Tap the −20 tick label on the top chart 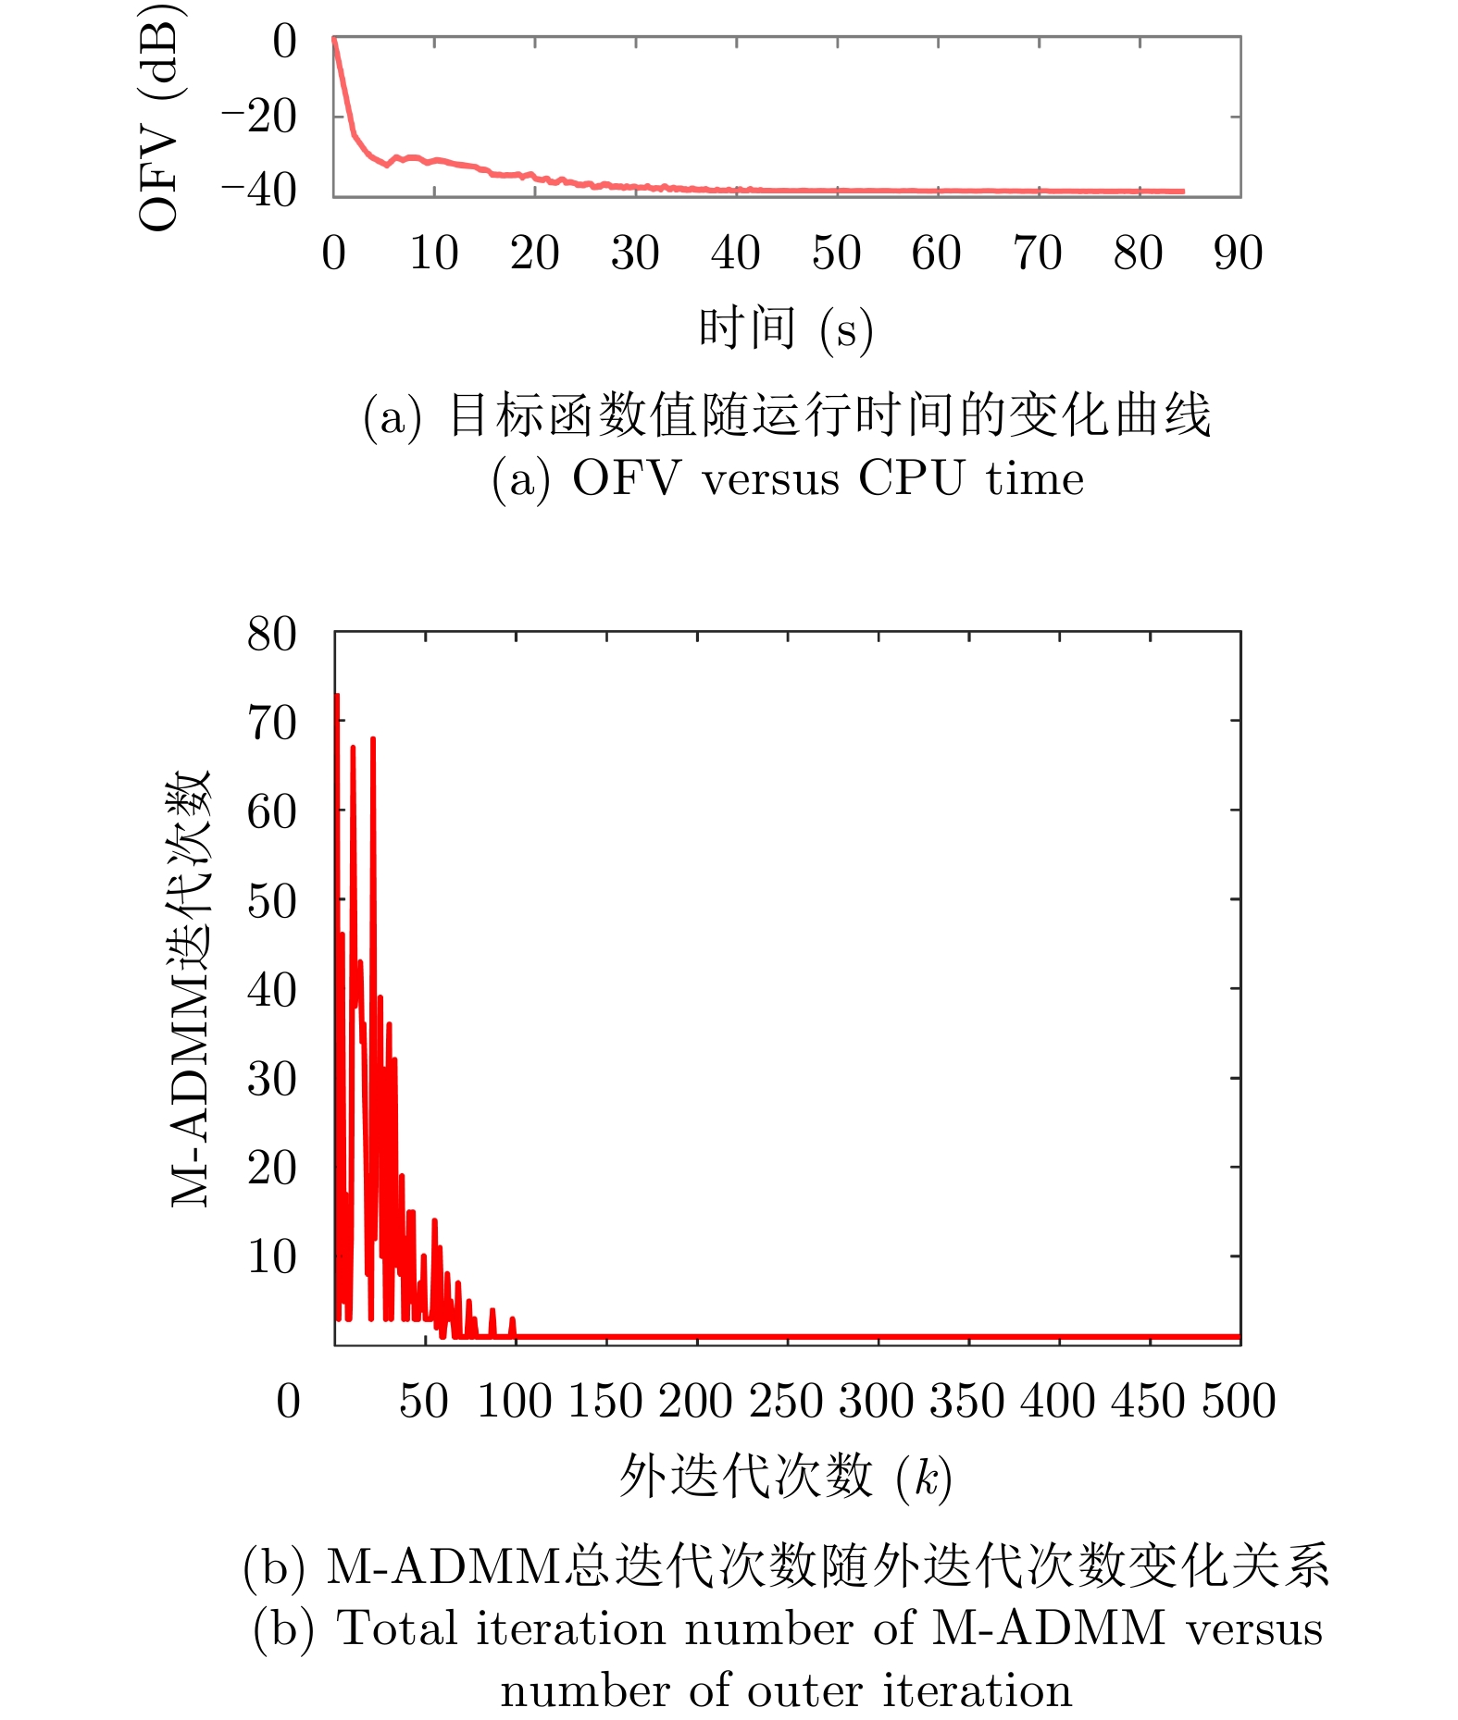[x=258, y=117]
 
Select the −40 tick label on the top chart [x=258, y=191]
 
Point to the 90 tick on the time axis [x=1238, y=254]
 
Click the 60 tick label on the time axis [x=936, y=254]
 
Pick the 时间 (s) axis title [x=785, y=328]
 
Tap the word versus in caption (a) [x=770, y=478]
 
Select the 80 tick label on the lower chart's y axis [x=271, y=635]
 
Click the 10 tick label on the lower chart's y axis [x=271, y=1256]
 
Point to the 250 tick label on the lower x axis [x=786, y=1401]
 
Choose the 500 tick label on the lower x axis [x=1239, y=1401]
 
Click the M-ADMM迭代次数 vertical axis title [x=191, y=988]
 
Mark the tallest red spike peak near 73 [x=337, y=696]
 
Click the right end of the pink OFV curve [x=1182, y=192]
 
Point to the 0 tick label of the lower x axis [x=288, y=1401]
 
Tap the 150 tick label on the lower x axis [x=604, y=1401]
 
